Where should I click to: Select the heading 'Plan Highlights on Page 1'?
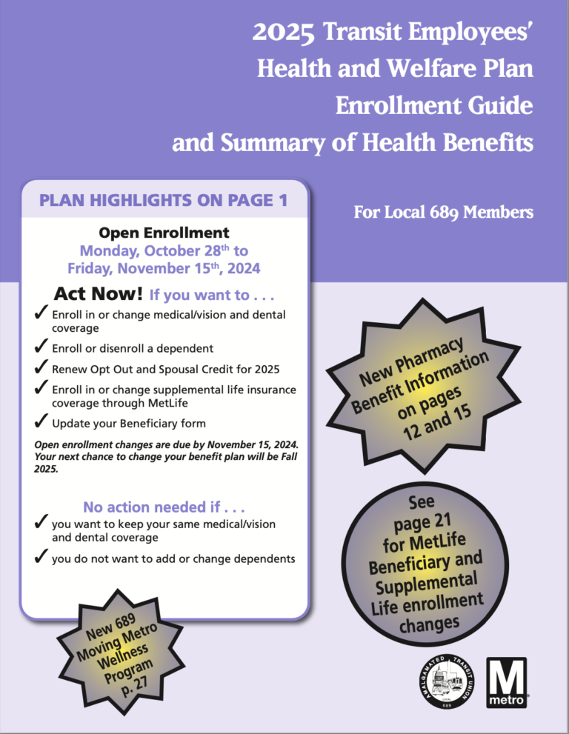point(164,200)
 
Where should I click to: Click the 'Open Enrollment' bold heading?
point(164,233)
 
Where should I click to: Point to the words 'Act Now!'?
point(99,294)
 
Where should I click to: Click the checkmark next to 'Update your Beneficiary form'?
point(41,424)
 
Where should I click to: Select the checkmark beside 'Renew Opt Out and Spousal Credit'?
point(41,367)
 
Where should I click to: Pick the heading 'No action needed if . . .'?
point(164,507)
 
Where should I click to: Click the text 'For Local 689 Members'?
point(443,213)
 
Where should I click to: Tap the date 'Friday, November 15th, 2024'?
point(164,267)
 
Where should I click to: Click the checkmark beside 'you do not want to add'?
point(41,557)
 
